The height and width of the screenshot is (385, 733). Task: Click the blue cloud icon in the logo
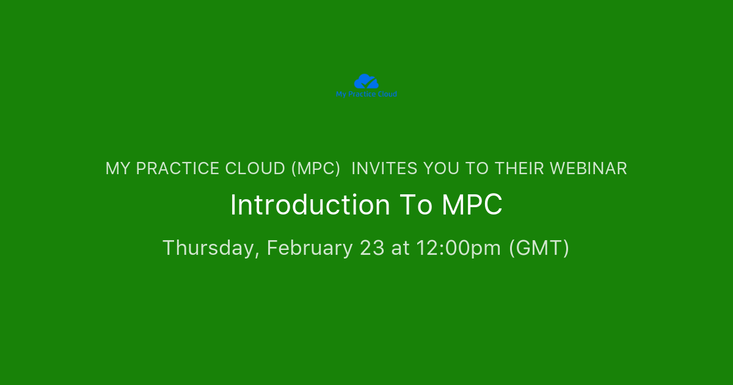point(366,81)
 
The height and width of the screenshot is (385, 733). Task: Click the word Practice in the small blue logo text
point(362,94)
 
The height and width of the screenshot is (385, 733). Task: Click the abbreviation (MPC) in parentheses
point(316,169)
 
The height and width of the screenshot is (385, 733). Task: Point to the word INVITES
point(384,169)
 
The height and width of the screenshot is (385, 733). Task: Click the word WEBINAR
point(588,169)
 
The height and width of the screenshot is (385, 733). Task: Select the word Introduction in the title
point(310,205)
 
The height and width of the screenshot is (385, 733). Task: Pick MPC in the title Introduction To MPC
point(472,205)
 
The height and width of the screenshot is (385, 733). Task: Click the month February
point(310,248)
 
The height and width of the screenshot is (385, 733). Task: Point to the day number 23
point(372,248)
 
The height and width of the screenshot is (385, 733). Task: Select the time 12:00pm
point(459,248)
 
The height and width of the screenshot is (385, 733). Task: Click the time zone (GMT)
point(539,248)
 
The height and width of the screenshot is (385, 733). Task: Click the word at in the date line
point(400,248)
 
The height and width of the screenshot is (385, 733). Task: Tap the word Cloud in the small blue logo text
point(387,94)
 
